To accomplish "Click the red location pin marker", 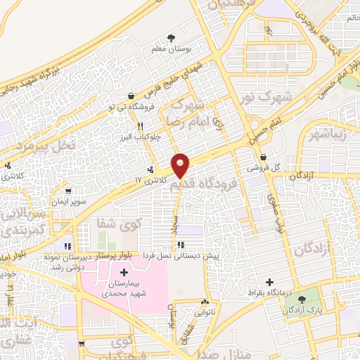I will [181, 165].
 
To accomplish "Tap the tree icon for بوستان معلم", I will [171, 38].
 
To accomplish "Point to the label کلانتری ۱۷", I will [153, 181].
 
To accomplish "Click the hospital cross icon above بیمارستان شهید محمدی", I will [124, 272].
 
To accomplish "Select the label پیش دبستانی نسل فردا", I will [182, 256].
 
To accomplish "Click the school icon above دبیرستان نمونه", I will [67, 246].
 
